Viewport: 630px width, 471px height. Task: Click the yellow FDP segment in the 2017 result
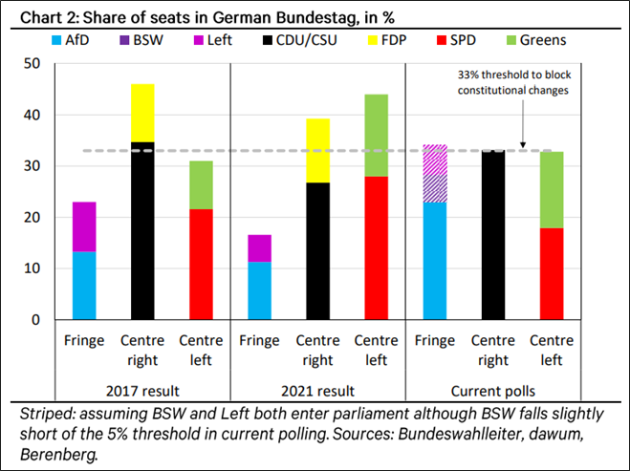(142, 113)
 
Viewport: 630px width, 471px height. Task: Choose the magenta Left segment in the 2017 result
(84, 226)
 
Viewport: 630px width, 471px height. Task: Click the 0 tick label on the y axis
(36, 319)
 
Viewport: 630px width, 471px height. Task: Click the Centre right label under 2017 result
(142, 349)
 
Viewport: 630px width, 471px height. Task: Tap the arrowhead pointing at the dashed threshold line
(522, 146)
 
